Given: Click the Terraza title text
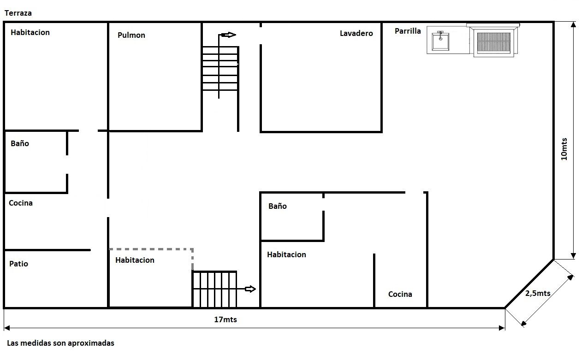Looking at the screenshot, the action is pyautogui.click(x=18, y=13).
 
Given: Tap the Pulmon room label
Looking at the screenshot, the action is pyautogui.click(x=131, y=35).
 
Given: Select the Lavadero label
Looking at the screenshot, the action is pyautogui.click(x=356, y=33).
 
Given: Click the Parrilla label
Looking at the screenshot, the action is pyautogui.click(x=408, y=31).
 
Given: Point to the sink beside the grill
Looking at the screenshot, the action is pyautogui.click(x=440, y=41).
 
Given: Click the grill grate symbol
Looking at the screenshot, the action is pyautogui.click(x=494, y=43).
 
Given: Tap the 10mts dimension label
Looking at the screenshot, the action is pyautogui.click(x=564, y=149).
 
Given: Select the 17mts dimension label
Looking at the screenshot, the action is pyautogui.click(x=225, y=319).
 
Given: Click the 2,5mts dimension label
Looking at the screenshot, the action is pyautogui.click(x=538, y=293).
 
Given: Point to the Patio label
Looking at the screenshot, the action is pyautogui.click(x=18, y=264).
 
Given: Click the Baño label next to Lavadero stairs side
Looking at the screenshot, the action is pyautogui.click(x=278, y=206).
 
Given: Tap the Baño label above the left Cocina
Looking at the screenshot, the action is pyautogui.click(x=20, y=143).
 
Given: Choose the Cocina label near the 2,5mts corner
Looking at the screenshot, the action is pyautogui.click(x=400, y=294).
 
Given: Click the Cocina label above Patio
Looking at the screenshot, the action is pyautogui.click(x=21, y=203).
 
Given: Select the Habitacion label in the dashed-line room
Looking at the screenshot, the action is pyautogui.click(x=135, y=260).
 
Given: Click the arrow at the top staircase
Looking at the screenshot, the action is pyautogui.click(x=229, y=35).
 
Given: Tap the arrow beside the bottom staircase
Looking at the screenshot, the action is pyautogui.click(x=250, y=289).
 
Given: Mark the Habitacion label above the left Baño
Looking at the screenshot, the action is pyautogui.click(x=30, y=32).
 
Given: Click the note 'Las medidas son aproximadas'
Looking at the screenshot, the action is pyautogui.click(x=60, y=343).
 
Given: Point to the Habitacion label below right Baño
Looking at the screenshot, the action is pyautogui.click(x=286, y=254).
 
